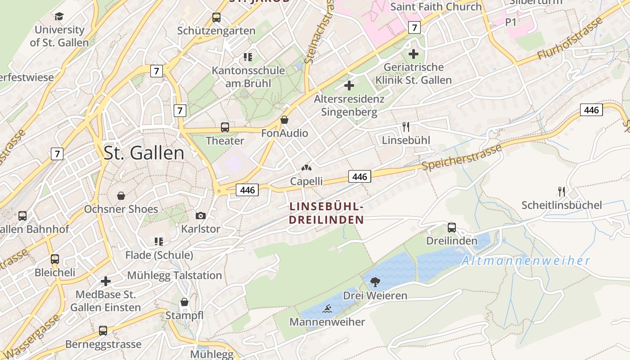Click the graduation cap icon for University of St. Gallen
point(59,17)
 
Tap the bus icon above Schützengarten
point(216,18)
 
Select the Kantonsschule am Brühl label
point(248,77)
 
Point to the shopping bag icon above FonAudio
point(284,120)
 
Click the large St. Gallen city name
point(144,153)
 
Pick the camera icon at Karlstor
point(201,216)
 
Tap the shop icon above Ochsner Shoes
point(121,196)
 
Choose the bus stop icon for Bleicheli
point(55,259)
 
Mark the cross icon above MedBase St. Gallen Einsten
point(106,281)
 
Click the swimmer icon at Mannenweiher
point(327,309)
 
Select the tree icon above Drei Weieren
point(375,282)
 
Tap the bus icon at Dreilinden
point(452,228)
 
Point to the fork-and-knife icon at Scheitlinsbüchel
point(562,192)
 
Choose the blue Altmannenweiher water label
point(526,261)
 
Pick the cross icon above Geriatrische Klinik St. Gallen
point(413,54)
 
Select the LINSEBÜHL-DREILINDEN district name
point(326,213)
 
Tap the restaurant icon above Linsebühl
point(406,127)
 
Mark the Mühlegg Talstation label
point(175,275)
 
